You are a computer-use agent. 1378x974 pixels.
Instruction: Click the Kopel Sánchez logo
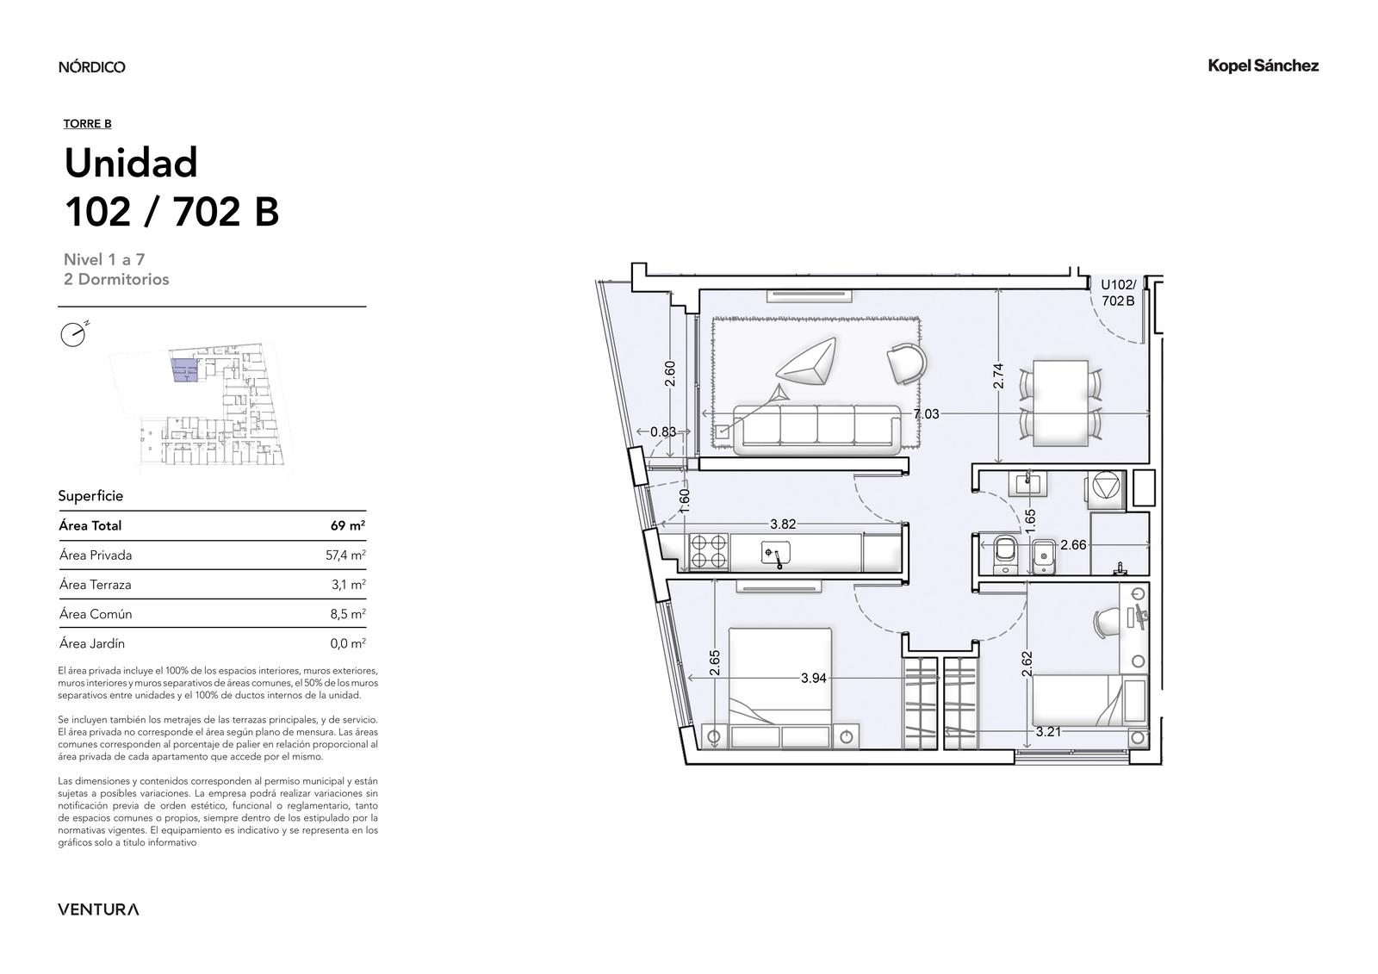[1263, 66]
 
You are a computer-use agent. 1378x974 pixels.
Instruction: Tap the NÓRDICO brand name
[91, 66]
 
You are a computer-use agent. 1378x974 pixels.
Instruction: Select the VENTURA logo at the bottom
[98, 909]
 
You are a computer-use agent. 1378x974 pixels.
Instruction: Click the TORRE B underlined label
[87, 124]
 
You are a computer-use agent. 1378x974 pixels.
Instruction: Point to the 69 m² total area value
[348, 525]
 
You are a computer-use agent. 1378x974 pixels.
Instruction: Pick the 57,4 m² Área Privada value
[345, 555]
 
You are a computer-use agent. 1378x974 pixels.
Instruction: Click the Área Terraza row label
[96, 585]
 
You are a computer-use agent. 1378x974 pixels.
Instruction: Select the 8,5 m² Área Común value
[348, 613]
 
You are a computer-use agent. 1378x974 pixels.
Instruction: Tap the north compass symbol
[74, 334]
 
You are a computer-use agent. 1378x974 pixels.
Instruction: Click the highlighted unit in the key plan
[185, 370]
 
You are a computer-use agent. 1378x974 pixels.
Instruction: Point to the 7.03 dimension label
[926, 414]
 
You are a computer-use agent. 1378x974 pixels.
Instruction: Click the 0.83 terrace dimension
[663, 432]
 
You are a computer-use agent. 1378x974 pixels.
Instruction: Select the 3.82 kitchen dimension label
[783, 524]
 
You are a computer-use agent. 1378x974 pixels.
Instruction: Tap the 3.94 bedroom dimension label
[813, 678]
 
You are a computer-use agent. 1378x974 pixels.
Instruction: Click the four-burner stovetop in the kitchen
[708, 550]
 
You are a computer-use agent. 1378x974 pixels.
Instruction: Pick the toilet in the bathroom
[1004, 552]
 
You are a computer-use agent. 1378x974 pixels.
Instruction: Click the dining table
[1060, 403]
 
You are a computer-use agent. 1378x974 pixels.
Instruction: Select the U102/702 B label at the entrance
[1118, 293]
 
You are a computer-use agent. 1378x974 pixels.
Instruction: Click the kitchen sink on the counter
[774, 553]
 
